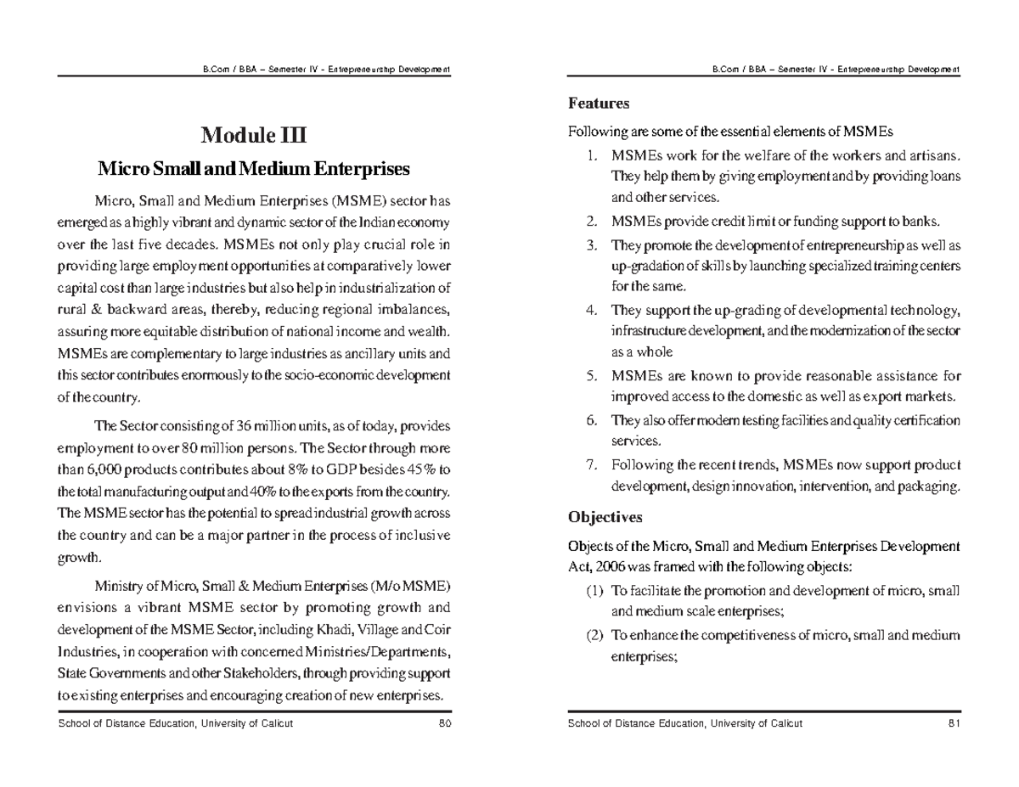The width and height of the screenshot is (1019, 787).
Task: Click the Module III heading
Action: pyautogui.click(x=253, y=136)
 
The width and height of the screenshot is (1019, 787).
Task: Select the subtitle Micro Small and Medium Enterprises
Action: pyautogui.click(x=253, y=169)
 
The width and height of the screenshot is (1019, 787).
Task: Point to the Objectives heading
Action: pyautogui.click(x=605, y=517)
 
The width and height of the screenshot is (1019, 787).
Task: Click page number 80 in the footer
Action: pyautogui.click(x=444, y=723)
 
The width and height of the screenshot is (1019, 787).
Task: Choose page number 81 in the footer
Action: pyautogui.click(x=954, y=723)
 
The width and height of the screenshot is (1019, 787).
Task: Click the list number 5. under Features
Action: pyautogui.click(x=592, y=376)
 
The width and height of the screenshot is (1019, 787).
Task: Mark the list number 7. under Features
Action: pyautogui.click(x=592, y=465)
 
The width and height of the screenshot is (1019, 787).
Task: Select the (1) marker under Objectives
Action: pyautogui.click(x=594, y=591)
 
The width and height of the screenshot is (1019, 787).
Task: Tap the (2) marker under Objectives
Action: pyautogui.click(x=594, y=635)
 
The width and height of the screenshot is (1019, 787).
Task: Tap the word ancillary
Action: pyautogui.click(x=368, y=354)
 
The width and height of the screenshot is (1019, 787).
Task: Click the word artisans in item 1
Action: pyautogui.click(x=936, y=155)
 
